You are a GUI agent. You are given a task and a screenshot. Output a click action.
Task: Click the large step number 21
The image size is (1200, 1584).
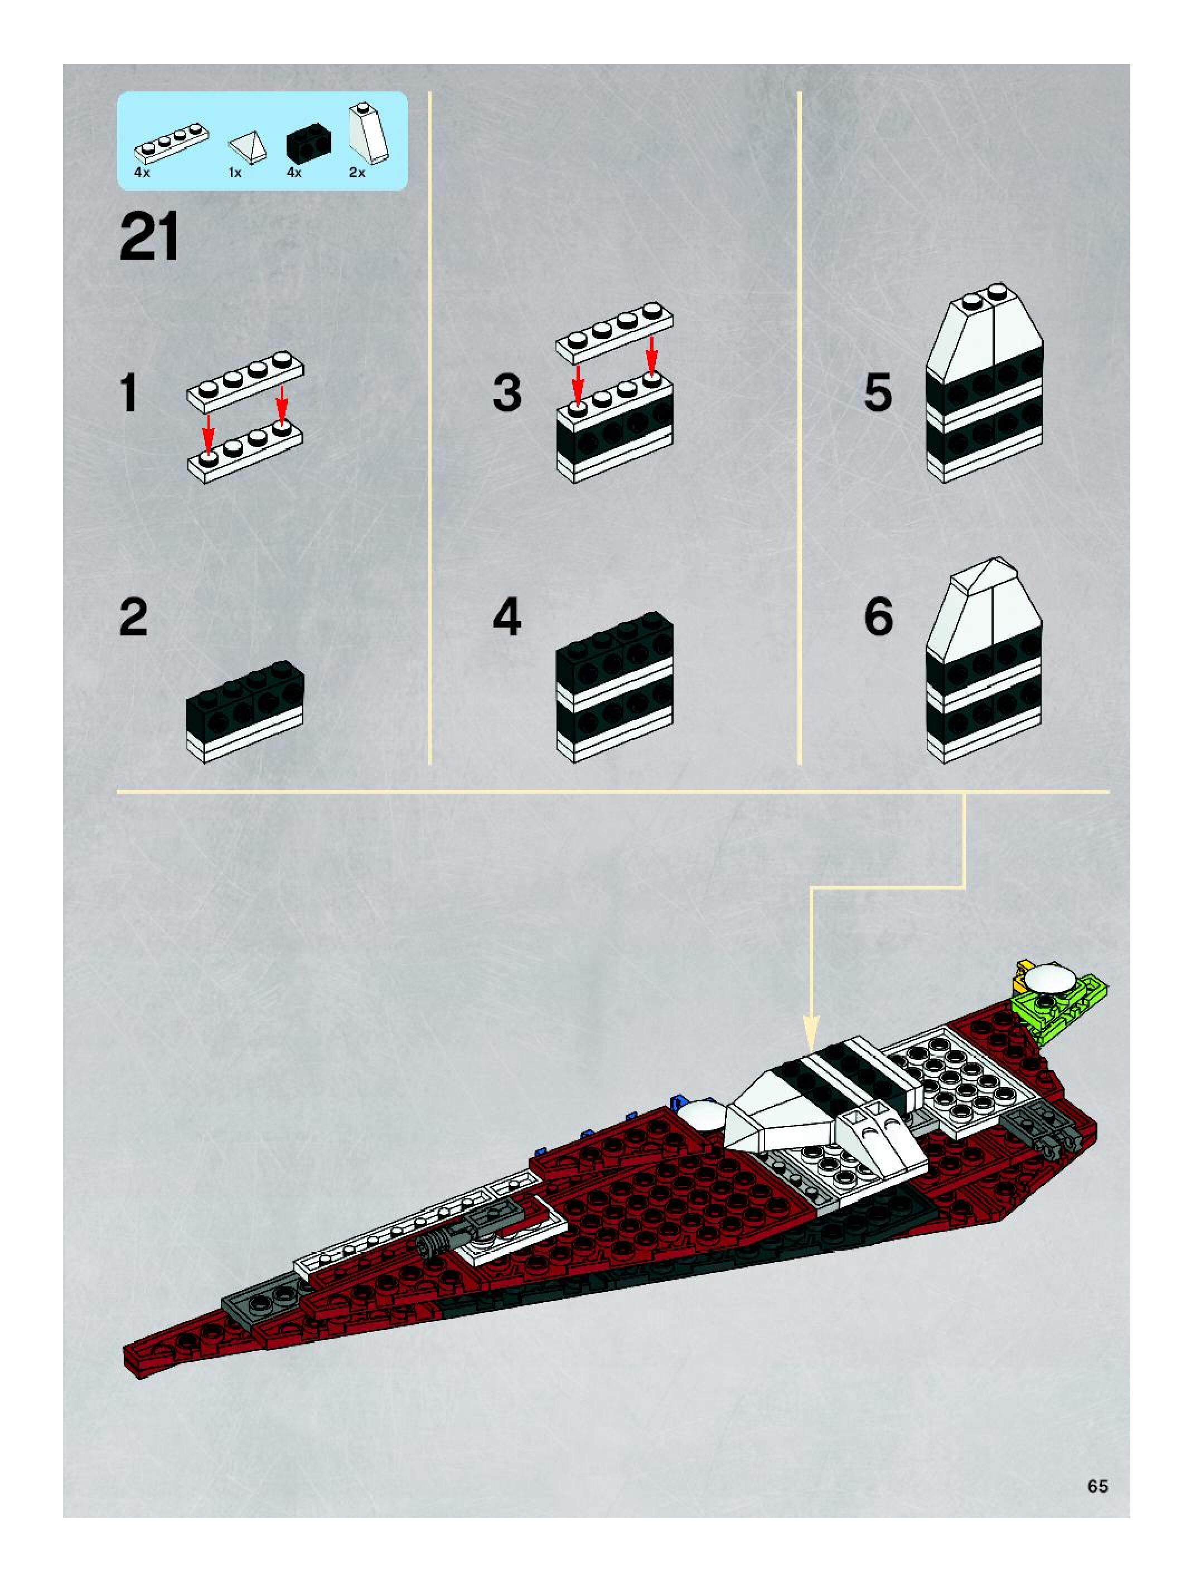[x=149, y=237]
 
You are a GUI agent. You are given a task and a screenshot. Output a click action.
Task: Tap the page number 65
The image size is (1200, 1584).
[x=1097, y=1486]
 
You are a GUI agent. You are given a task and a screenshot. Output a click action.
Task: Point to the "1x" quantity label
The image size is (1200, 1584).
[x=235, y=173]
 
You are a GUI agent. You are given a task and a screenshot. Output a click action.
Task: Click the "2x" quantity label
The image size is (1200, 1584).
[x=357, y=173]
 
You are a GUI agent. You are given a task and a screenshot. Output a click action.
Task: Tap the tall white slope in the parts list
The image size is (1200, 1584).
[x=368, y=133]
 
